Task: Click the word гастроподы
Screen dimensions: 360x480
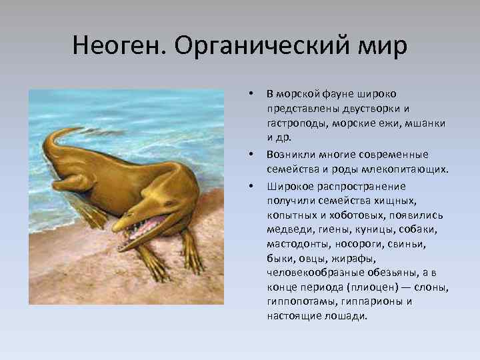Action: (295, 123)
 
